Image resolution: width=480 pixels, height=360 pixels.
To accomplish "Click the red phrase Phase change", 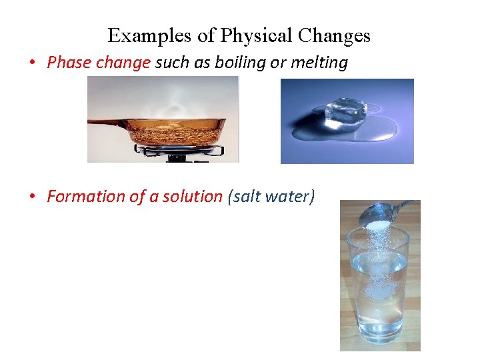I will (99, 63).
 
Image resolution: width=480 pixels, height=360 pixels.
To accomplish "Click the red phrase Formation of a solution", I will (135, 196).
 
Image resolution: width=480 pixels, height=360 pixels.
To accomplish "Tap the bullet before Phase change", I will (31, 63).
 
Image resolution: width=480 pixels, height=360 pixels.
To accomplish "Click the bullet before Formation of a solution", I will (31, 197).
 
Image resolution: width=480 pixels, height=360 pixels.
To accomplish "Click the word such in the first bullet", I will (171, 63).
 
